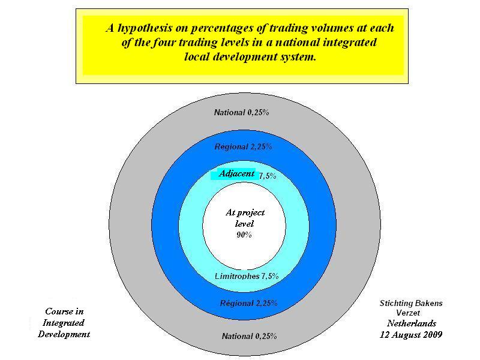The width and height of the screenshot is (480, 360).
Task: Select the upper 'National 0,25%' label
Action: coord(242,113)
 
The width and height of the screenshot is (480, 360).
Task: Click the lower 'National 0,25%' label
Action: coord(249,336)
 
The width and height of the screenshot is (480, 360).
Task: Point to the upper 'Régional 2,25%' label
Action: coord(243,146)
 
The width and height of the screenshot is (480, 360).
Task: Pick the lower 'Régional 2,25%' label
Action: coord(248,303)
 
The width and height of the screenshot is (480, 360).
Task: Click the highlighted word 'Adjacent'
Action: coord(236,173)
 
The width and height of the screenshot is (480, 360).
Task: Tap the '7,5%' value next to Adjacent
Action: coord(268,176)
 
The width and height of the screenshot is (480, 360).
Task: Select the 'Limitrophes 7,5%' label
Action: coord(247,276)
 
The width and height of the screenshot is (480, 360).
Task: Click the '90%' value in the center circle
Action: coord(244,235)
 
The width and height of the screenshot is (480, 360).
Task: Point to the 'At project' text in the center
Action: coord(245,212)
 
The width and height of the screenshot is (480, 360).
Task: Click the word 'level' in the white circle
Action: coord(244,224)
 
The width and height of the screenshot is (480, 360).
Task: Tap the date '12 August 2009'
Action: coord(411,335)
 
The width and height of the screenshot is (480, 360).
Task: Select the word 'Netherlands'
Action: coord(412,323)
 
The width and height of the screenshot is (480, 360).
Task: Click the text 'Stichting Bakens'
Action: coord(411,303)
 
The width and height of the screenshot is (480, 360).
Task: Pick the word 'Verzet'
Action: coord(408,313)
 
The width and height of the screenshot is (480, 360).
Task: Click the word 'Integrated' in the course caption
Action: coord(64,323)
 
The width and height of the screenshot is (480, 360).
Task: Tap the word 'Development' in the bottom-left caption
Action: coord(64,334)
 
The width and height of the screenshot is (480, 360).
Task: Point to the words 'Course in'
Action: coord(64,311)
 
